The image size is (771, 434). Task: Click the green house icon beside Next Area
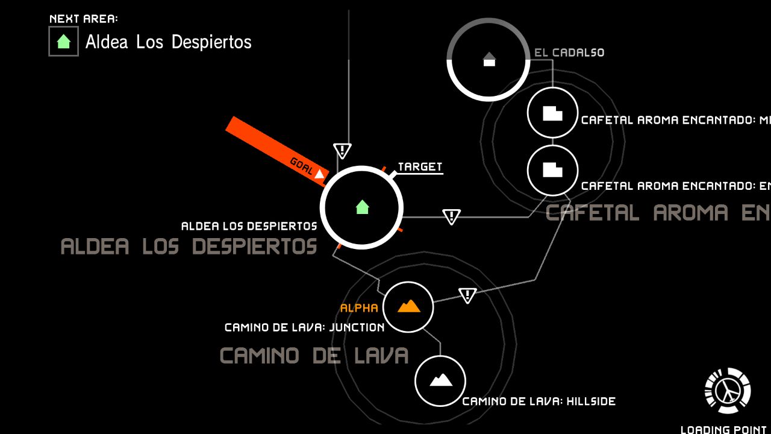point(63,42)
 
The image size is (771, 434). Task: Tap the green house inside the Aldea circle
point(362,207)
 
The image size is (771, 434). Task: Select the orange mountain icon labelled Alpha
point(408,306)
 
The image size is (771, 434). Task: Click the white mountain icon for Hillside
point(440,380)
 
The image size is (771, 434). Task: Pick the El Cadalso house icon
point(489,59)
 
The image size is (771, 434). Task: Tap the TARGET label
point(420,167)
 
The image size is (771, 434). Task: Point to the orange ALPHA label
point(359,308)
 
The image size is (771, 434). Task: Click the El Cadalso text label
point(569,52)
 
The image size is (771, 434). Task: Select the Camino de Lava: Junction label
point(304,328)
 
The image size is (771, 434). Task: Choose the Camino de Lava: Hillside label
point(538,401)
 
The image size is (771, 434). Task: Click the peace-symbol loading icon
point(728,391)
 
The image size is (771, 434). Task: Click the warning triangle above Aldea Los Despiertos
point(342,150)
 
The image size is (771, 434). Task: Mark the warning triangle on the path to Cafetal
point(451,216)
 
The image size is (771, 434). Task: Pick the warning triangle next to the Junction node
point(467,295)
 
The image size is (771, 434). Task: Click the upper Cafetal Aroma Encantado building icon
point(552,113)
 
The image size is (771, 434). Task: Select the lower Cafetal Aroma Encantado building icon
point(552,170)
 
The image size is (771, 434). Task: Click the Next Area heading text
point(83,19)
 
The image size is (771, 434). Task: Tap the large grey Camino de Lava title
point(314,356)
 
